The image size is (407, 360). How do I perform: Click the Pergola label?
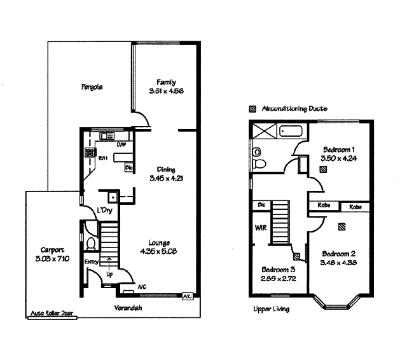click(92, 87)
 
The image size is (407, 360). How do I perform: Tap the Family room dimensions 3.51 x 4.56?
click(167, 91)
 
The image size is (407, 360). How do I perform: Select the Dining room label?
click(167, 169)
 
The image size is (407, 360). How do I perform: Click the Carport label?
click(50, 249)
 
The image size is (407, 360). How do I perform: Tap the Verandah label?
click(128, 308)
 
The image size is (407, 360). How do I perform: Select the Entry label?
click(91, 262)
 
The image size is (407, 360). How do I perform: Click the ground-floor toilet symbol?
click(90, 243)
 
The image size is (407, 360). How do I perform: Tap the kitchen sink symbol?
click(106, 135)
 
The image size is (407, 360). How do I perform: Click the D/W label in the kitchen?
click(120, 145)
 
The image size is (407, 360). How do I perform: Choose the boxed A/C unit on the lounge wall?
click(188, 296)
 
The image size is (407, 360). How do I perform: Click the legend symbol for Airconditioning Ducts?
click(253, 109)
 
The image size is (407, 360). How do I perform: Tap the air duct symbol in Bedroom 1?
click(323, 170)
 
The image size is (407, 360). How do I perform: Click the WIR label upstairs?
click(260, 227)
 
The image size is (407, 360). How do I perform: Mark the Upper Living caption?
click(271, 309)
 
